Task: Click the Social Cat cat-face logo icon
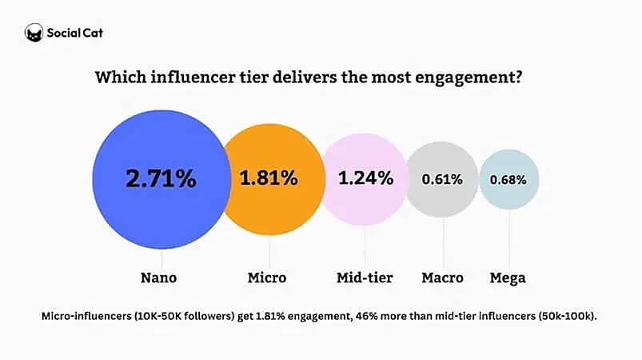point(34,33)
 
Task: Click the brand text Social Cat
point(75,33)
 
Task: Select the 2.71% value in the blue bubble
point(161,178)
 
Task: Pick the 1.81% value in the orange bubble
point(269,178)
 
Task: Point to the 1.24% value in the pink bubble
point(365,178)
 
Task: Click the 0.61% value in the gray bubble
point(443,179)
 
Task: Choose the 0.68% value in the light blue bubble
point(508,179)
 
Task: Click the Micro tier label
point(267,278)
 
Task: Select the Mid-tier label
point(365,278)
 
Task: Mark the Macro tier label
point(442,278)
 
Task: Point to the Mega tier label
point(508,278)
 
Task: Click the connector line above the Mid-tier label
point(365,244)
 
